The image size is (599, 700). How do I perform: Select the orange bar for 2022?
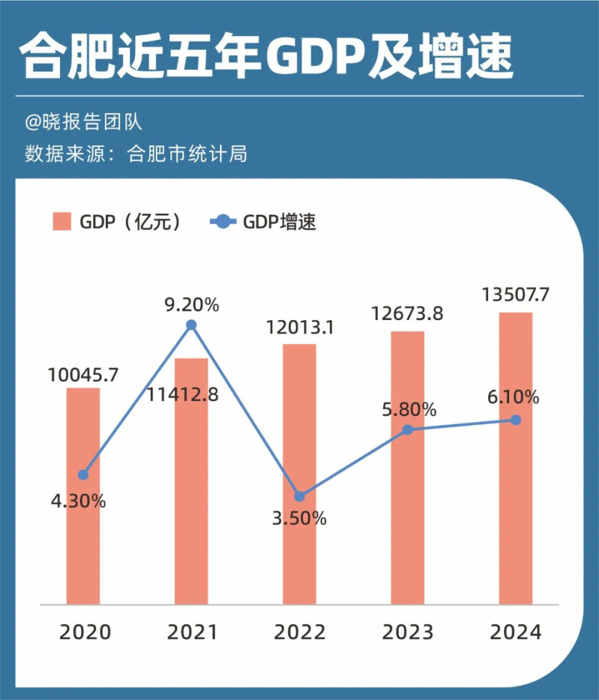(299, 474)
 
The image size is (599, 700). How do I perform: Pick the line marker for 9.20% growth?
(192, 324)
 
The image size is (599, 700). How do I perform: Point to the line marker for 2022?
(299, 496)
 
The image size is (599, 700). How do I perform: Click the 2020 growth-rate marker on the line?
(83, 475)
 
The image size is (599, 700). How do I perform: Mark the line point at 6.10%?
(515, 420)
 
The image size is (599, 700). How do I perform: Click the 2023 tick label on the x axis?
(407, 632)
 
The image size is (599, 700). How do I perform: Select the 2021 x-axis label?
(192, 632)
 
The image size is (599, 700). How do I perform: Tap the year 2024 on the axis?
(515, 632)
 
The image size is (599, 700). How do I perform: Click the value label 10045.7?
(83, 375)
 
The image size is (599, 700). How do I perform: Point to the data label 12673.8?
(407, 313)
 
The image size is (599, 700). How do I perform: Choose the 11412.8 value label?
(184, 394)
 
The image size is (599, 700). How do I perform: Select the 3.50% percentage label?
(299, 518)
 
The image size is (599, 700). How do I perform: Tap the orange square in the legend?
(61, 221)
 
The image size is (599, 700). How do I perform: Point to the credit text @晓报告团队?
(84, 122)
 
